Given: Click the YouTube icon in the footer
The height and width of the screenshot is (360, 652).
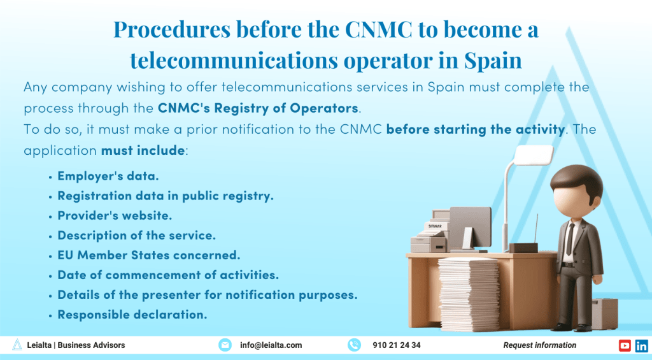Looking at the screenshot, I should point(625,345).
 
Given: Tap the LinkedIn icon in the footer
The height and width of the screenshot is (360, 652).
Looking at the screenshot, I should point(641,345).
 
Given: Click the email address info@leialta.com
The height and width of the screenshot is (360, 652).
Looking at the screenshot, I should point(271,345).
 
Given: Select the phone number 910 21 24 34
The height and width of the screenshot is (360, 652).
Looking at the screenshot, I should point(396,345).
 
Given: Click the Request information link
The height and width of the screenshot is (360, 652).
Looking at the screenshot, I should point(539,345).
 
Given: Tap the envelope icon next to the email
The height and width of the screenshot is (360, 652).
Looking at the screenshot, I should point(225,345).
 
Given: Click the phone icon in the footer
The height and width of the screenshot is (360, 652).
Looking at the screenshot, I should point(354,345).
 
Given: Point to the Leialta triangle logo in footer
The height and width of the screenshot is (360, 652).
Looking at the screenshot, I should point(17,345).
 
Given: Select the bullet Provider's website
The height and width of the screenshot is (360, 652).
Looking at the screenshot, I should point(115,215).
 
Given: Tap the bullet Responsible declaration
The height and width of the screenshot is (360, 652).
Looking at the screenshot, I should point(132,314).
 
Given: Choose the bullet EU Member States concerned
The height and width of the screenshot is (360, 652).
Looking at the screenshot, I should point(148,255).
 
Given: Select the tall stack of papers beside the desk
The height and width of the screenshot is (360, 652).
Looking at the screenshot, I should point(469,292).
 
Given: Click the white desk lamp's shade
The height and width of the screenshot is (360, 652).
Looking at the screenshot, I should point(534,154).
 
